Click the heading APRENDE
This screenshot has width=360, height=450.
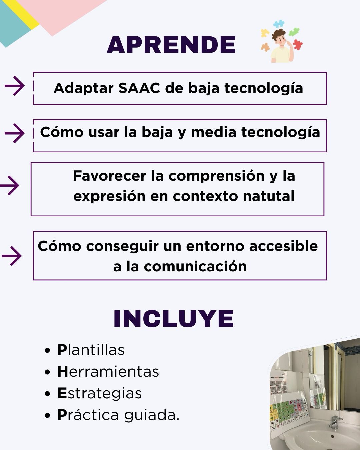pos(171,45)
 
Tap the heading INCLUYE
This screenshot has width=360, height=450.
pos(174,319)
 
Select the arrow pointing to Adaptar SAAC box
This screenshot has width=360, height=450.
pos(15,86)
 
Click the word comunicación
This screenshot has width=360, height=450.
pos(195,266)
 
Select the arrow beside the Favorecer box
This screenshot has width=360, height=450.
pos(10,185)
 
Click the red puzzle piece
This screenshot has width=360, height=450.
pos(297,45)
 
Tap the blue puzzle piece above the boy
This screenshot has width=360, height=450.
pos(279,24)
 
